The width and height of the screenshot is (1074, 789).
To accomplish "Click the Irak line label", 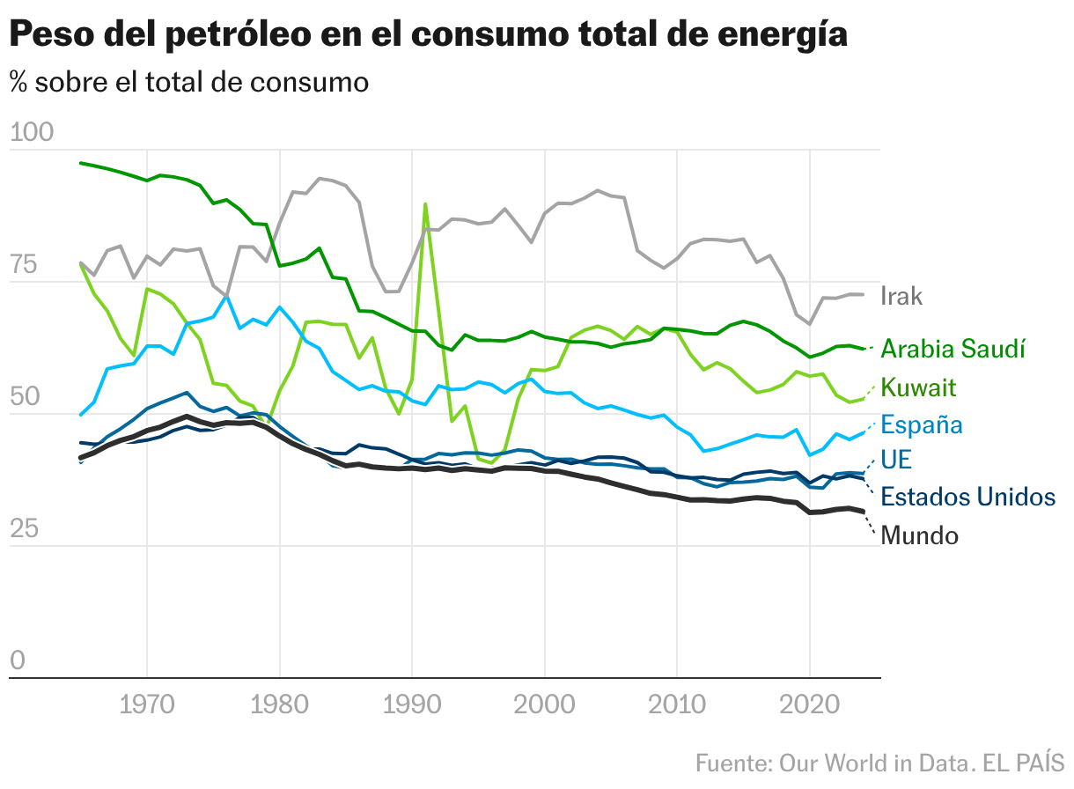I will coord(901,296).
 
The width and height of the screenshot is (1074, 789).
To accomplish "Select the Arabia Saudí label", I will coord(953,349).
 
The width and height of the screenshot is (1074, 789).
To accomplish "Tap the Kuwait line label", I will coord(918,387).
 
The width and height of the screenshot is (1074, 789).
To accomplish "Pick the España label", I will coord(922,425).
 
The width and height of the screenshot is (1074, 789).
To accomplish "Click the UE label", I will coord(896,460).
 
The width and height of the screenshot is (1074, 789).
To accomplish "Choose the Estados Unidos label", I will coord(967,497).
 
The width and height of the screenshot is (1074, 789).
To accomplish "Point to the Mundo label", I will coord(919,535).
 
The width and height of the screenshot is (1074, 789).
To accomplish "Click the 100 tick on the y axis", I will coord(32,133).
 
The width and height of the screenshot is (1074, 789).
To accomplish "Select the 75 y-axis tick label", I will coord(25,265).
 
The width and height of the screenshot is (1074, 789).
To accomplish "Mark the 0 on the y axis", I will coord(17,661).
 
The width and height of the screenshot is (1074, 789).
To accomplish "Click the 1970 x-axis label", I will coord(146,705).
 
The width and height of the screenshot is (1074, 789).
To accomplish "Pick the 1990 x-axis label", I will coord(411,705).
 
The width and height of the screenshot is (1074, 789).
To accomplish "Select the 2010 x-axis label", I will coord(676,705).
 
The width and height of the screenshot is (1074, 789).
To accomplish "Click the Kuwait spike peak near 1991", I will coord(425,204).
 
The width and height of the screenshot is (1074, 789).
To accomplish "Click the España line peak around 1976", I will coord(226,297).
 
